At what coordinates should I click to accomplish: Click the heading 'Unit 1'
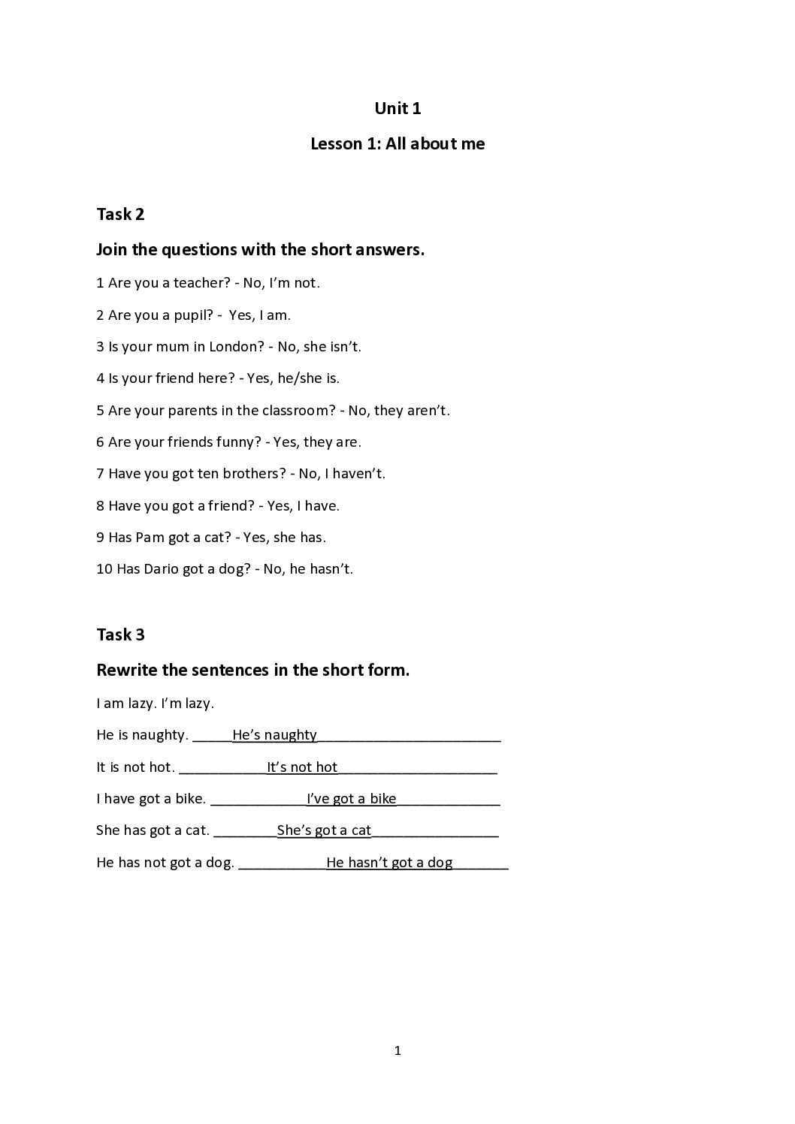pos(397,109)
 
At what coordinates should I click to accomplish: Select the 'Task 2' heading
pos(120,215)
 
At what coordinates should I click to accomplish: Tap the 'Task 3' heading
pos(120,635)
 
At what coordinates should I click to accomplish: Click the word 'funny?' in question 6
pos(237,442)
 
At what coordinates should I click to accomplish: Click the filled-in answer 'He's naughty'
pos(274,735)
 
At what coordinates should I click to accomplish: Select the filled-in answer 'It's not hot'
pos(302,767)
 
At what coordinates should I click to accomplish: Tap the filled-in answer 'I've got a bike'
pos(351,799)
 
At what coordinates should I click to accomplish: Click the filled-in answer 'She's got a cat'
pos(324,830)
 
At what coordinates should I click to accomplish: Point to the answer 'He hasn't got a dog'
pos(389,863)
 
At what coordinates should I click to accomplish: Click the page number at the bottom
pos(397,1051)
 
